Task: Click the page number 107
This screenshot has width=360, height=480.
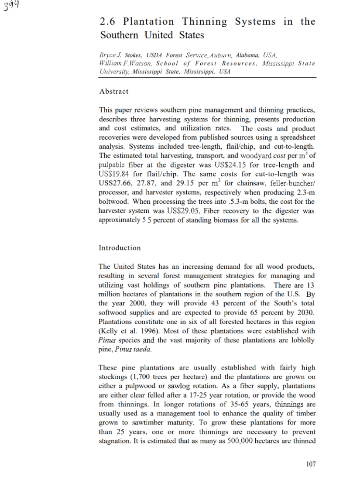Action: pyautogui.click(x=310, y=464)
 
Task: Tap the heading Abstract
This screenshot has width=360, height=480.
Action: pyautogui.click(x=114, y=92)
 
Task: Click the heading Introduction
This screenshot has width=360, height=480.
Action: pyautogui.click(x=120, y=248)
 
